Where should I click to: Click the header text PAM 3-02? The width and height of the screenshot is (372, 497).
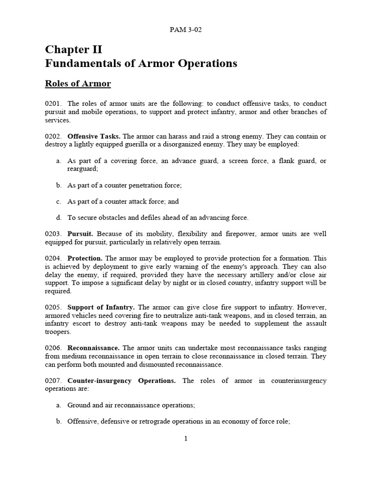tap(186, 30)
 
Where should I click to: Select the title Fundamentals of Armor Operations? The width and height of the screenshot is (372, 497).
tap(141, 64)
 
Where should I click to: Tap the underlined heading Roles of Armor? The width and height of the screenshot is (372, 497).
tap(78, 84)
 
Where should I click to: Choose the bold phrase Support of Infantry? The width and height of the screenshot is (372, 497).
tap(101, 308)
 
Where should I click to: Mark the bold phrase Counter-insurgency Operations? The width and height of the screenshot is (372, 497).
tap(121, 381)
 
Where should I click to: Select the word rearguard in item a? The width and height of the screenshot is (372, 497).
tap(82, 169)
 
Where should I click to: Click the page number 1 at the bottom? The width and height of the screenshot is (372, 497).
tap(186, 439)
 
